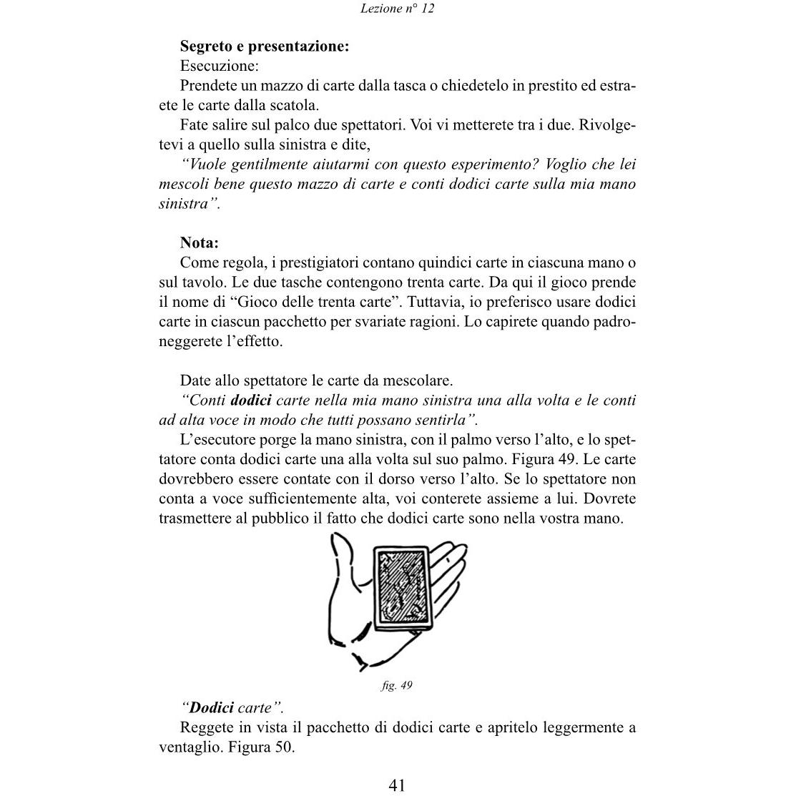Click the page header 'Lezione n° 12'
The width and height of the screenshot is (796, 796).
pyautogui.click(x=398, y=9)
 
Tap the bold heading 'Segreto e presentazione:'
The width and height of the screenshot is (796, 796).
pyautogui.click(x=265, y=46)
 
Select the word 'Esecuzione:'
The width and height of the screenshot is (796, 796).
pyautogui.click(x=219, y=66)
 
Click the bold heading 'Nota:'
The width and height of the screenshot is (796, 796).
pyautogui.click(x=199, y=242)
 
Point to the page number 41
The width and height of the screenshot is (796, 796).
pyautogui.click(x=398, y=785)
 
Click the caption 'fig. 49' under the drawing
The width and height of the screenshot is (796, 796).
pyautogui.click(x=397, y=685)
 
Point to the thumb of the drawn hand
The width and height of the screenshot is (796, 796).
pyautogui.click(x=342, y=572)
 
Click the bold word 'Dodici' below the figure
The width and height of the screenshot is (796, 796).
pyautogui.click(x=212, y=708)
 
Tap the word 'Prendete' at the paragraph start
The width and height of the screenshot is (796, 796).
pyautogui.click(x=208, y=86)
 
